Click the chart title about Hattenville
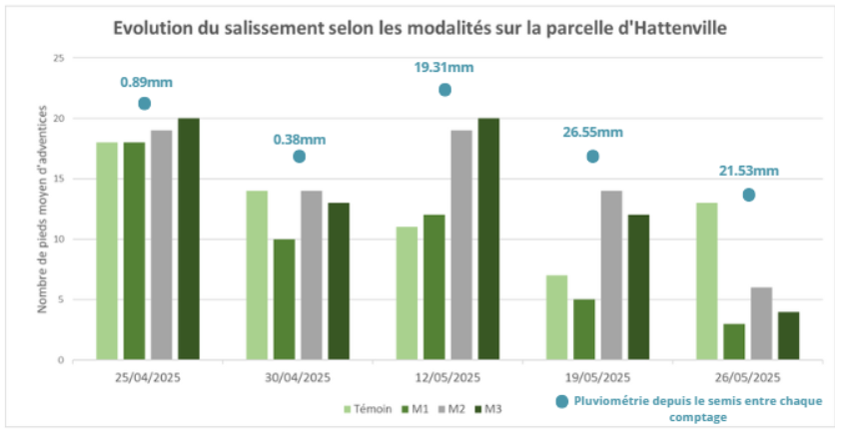420,28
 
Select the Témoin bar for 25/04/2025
107,250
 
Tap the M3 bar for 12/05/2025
488,238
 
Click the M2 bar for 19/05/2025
611,274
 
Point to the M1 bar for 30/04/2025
285,299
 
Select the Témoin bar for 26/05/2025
707,280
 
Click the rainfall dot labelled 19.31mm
444,90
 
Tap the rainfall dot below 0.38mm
299,157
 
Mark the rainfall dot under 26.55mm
592,157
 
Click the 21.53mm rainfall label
749,171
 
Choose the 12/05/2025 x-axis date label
447,377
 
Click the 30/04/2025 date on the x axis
298,377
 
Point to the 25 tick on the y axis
58,59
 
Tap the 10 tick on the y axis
58,239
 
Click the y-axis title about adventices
43,210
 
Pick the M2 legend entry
451,407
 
